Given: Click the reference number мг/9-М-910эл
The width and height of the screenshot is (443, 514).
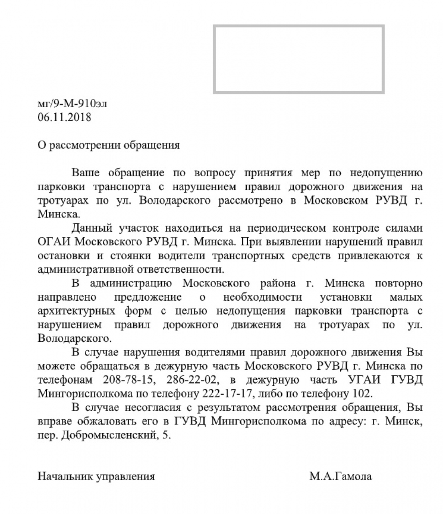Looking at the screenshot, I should pyautogui.click(x=72, y=104).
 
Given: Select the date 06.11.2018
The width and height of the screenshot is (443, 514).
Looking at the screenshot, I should pyautogui.click(x=64, y=117).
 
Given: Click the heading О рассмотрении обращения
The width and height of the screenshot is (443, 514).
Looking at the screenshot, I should pyautogui.click(x=108, y=145).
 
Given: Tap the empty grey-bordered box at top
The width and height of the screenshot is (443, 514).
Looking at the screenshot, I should pyautogui.click(x=299, y=59).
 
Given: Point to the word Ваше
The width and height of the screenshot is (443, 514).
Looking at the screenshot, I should pyautogui.click(x=85, y=173).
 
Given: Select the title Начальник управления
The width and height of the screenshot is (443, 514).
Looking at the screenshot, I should pyautogui.click(x=96, y=477).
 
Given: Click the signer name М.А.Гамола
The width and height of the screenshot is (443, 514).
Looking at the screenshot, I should pyautogui.click(x=341, y=477).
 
